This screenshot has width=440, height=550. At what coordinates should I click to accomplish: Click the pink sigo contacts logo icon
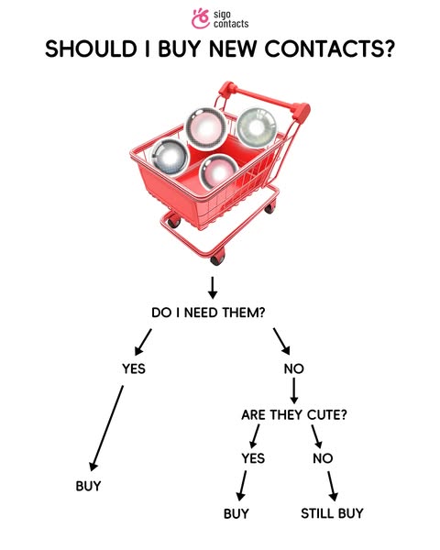201,18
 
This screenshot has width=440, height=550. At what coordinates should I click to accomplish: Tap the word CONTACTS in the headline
329,49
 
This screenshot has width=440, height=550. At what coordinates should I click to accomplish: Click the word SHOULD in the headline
91,49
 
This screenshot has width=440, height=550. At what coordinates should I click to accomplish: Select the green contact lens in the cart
257,127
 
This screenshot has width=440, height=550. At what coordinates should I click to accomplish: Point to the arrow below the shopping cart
213,288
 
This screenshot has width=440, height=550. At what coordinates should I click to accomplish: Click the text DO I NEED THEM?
208,313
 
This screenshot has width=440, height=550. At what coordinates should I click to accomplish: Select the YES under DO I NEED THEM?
133,368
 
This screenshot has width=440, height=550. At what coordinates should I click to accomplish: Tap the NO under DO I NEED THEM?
293,368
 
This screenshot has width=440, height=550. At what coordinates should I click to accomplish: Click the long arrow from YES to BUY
107,428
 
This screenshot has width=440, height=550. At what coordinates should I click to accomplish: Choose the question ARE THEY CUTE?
294,415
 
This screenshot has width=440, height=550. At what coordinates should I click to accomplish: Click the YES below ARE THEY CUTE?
253,458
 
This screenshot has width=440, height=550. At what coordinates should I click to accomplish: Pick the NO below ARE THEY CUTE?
323,458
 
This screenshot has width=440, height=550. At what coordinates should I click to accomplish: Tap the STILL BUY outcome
332,513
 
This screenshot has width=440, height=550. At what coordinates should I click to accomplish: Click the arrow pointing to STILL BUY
333,486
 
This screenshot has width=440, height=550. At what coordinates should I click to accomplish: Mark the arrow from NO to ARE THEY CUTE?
294,391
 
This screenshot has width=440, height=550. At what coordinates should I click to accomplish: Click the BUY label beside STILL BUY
236,513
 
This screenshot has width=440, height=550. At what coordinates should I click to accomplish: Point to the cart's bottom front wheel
217,258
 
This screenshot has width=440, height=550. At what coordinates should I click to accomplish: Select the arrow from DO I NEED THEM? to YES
143,342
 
